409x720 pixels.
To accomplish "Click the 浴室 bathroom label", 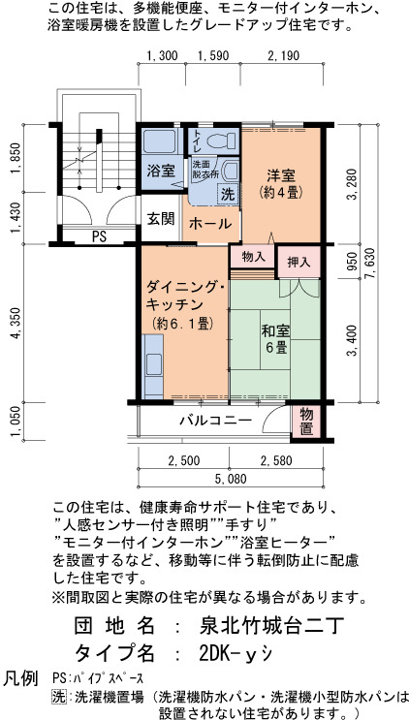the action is pyautogui.click(x=160, y=172).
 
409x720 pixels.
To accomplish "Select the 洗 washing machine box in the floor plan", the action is pyautogui.click(x=228, y=193).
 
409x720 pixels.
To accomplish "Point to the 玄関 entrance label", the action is pyautogui.click(x=161, y=219).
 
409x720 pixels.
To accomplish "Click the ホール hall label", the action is pyautogui.click(x=210, y=224).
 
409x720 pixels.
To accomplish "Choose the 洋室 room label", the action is pyautogui.click(x=281, y=175).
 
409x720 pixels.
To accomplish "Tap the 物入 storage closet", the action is pyautogui.click(x=253, y=257).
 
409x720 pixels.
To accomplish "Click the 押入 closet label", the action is pyautogui.click(x=299, y=263).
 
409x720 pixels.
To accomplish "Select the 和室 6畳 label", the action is pyautogui.click(x=275, y=338).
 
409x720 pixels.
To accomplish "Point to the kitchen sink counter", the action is pyautogui.click(x=153, y=366).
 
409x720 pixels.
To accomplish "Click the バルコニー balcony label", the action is pyautogui.click(x=215, y=421).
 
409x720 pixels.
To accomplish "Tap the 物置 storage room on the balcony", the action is pyautogui.click(x=306, y=422).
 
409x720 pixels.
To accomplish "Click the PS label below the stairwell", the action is pyautogui.click(x=99, y=237).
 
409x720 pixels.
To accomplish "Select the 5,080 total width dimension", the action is pyautogui.click(x=231, y=480).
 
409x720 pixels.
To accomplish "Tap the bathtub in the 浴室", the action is pyautogui.click(x=159, y=141).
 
